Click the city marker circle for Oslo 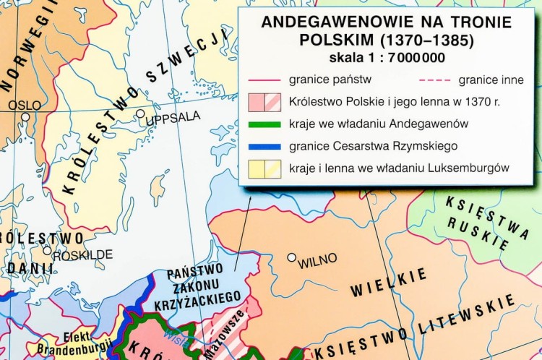26,116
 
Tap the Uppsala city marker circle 140,113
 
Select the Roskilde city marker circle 47,251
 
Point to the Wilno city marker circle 291,257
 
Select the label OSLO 25,104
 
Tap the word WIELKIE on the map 379,283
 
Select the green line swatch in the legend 263,124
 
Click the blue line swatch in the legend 263,147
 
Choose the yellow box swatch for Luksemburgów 263,168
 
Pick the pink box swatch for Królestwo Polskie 263,102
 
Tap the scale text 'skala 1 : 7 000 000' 387,58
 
